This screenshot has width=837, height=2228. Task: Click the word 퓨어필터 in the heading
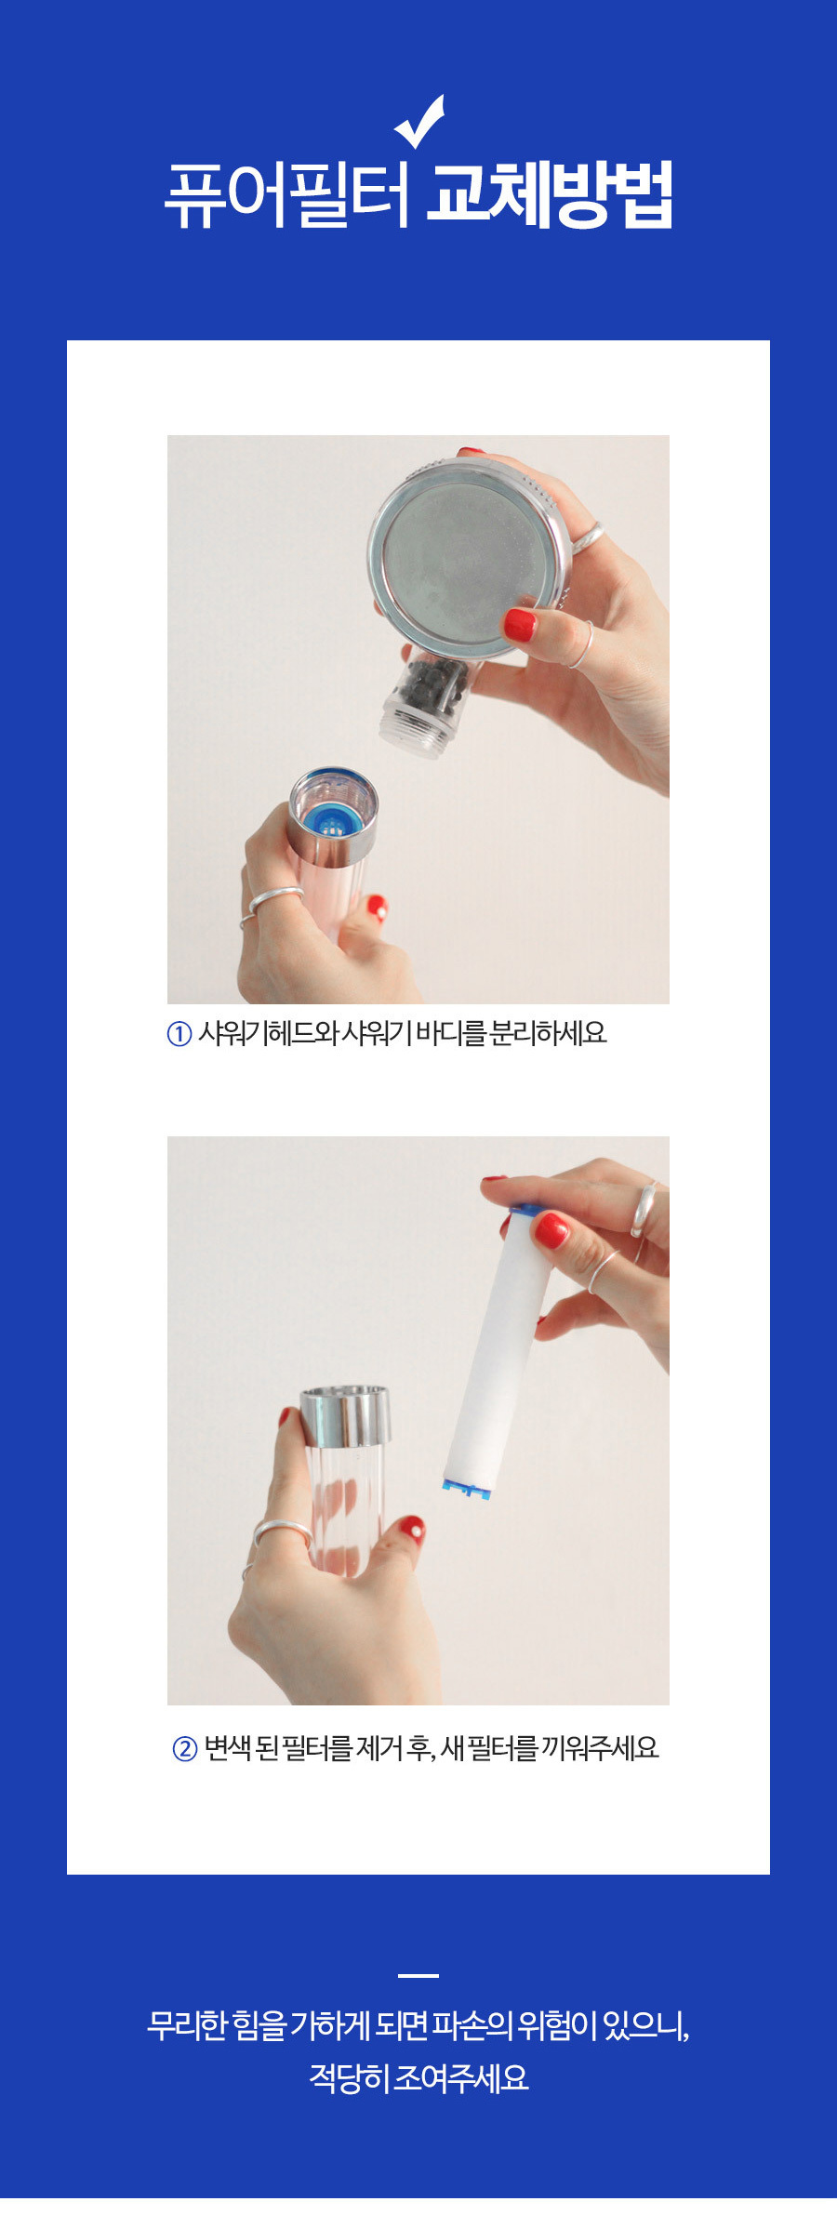(x=287, y=195)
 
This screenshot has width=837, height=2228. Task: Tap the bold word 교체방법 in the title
(x=550, y=194)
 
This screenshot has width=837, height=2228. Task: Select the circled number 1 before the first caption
(x=179, y=1034)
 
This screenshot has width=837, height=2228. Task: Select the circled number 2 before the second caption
(x=185, y=1749)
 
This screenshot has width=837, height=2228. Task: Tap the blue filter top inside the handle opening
(x=331, y=819)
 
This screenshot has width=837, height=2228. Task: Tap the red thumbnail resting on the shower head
(x=520, y=624)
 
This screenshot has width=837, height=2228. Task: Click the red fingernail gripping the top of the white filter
(x=551, y=1229)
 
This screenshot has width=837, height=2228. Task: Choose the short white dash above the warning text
(x=418, y=1975)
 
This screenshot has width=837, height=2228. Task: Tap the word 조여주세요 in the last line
(x=460, y=2077)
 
